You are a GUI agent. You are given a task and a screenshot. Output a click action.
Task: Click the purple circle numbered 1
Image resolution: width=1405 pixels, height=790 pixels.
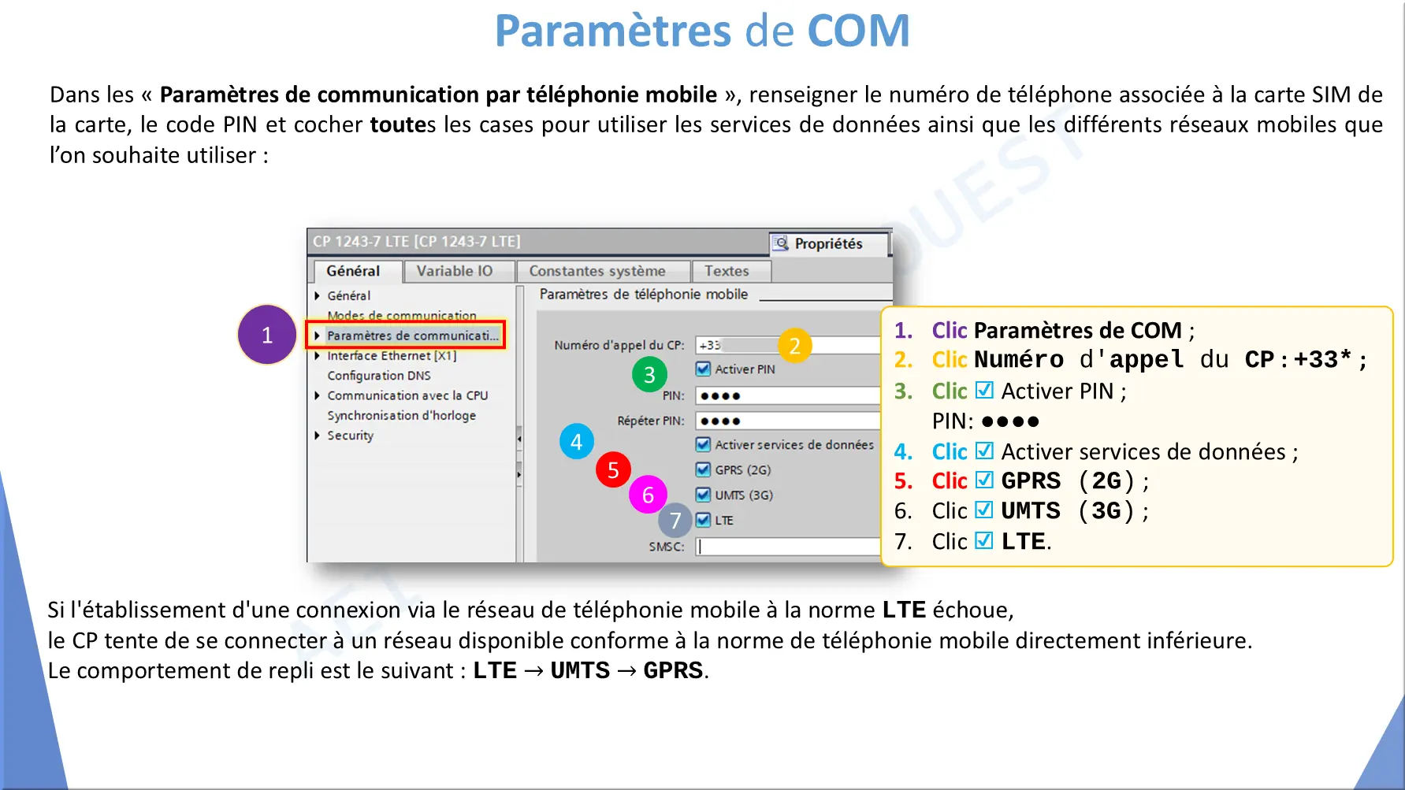[267, 335]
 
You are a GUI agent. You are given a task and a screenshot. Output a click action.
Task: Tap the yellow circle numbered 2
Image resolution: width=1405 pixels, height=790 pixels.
[795, 345]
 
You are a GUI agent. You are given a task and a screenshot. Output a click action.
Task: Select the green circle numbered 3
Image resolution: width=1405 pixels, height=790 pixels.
[649, 375]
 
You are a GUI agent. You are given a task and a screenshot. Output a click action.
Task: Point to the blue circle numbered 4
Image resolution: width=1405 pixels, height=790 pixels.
[577, 442]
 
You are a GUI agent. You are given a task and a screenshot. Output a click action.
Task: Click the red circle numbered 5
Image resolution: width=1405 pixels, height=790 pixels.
[613, 470]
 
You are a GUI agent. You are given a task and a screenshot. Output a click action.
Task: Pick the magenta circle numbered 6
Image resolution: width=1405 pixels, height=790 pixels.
[648, 495]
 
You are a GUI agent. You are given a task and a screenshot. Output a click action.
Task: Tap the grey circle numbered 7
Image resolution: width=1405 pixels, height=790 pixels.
[675, 520]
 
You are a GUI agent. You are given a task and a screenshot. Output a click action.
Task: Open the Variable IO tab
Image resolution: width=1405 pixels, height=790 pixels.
[455, 271]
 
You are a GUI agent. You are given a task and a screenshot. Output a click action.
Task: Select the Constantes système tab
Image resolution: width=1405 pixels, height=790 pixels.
[597, 271]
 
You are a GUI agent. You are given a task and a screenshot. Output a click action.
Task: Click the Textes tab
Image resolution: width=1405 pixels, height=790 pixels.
[727, 271]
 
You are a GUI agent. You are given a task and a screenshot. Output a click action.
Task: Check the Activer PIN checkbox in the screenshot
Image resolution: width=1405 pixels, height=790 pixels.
[704, 369]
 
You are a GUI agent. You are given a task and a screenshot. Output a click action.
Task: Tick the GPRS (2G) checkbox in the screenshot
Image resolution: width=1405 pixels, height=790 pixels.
[704, 469]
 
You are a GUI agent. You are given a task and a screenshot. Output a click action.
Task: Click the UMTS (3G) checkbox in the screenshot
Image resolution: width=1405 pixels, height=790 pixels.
[704, 495]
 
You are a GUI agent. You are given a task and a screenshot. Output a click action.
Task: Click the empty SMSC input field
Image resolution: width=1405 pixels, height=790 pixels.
[788, 547]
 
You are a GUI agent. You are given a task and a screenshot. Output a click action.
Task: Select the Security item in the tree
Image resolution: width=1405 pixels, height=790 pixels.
[351, 436]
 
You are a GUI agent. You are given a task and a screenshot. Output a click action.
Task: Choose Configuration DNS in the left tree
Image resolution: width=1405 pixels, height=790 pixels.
[379, 376]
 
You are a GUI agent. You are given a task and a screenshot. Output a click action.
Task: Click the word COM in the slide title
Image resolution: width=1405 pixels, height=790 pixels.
[858, 31]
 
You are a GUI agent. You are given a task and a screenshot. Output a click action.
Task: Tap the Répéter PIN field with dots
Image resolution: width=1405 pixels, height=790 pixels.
[788, 421]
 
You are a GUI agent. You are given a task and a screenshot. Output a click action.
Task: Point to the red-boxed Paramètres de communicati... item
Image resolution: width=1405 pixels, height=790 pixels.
[406, 336]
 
